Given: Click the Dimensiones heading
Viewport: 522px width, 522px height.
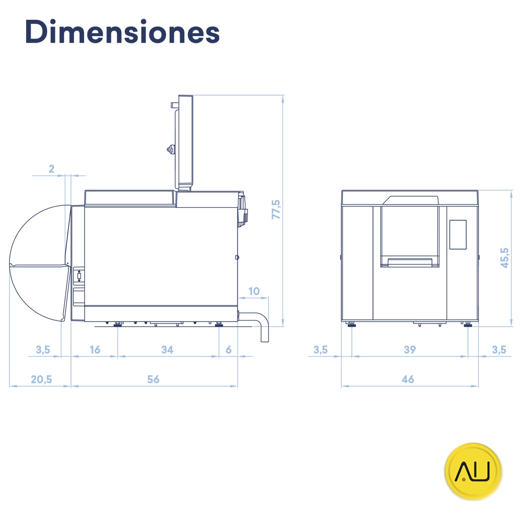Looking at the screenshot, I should point(122,32).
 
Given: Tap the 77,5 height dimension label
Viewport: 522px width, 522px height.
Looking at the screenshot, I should point(276,209).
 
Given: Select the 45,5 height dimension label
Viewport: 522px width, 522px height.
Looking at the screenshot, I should point(504,257).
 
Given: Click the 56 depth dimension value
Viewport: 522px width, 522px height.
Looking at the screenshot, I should point(153,379).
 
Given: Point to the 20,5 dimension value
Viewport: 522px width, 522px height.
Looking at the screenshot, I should point(41,379).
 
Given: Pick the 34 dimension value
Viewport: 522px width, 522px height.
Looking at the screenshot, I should point(167,350).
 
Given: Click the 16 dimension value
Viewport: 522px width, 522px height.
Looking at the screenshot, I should point(94,350).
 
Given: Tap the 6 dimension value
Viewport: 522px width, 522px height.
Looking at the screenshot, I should point(229,350).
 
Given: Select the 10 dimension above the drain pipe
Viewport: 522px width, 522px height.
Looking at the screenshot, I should point(254,291).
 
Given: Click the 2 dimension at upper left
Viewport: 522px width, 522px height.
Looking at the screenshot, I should point(51,169).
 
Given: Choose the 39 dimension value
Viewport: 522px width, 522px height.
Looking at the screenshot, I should point(410,350).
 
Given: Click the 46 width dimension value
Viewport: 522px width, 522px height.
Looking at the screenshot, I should point(408,379).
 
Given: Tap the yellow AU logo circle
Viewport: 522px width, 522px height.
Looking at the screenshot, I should point(473,472).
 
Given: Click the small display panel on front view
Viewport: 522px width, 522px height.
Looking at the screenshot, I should point(458,234).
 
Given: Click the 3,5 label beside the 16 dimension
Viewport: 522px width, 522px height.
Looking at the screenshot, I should point(43,350).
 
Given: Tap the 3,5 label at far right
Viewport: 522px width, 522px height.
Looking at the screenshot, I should point(499,350).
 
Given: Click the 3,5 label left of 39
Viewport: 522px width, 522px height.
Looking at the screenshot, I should point(321,350).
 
